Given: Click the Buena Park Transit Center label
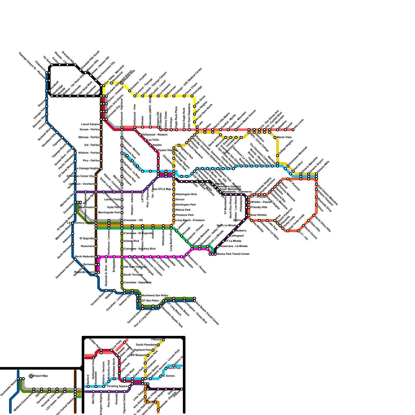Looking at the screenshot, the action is [x=233, y=254].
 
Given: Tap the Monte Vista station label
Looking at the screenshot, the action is [x=284, y=137].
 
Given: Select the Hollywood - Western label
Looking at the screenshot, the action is [x=155, y=135].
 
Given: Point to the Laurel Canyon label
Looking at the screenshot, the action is [x=90, y=125].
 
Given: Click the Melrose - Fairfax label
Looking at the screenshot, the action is [x=89, y=137].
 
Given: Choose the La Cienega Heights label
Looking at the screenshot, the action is [x=87, y=169].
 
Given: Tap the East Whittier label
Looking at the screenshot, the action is [x=259, y=215].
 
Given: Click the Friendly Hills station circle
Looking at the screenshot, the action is [x=249, y=208].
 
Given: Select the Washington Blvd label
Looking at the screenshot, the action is [x=186, y=195].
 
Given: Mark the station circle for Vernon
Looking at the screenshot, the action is [x=174, y=200].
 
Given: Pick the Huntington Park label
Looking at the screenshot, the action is [x=186, y=205].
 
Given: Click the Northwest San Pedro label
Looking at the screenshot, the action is [x=155, y=296].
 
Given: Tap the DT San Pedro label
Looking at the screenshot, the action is [x=150, y=301].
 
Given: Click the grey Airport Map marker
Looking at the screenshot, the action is [x=31, y=376].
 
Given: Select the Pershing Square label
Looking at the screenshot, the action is [x=117, y=386].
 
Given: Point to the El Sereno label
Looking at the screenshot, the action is [x=170, y=376].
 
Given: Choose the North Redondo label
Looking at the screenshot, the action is [x=85, y=257].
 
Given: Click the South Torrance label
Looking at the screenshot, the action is [x=133, y=275].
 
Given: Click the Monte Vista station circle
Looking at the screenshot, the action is [x=275, y=137].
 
